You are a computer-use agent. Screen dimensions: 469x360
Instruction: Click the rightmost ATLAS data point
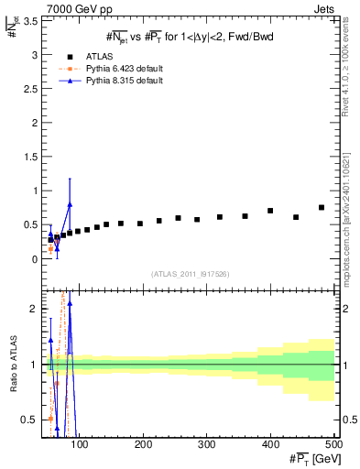pos(322,208)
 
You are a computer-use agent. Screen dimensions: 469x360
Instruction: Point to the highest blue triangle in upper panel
pos(70,204)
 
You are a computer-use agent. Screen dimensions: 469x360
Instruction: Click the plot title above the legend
pos(188,37)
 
